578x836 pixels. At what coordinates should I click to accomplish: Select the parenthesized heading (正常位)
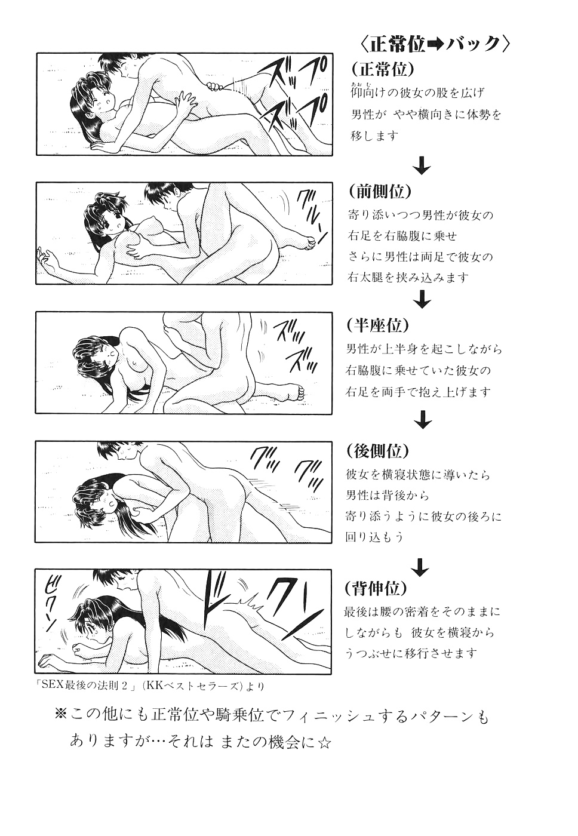coord(383,69)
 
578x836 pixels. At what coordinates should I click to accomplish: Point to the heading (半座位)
coord(378,325)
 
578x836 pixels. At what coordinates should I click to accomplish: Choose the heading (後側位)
coord(378,451)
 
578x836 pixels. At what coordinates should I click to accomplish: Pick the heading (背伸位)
coord(376,588)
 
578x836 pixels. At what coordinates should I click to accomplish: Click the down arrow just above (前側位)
coord(422,167)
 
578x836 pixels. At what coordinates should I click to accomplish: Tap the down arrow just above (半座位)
coord(422,300)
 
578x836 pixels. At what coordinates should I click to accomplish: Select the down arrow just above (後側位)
coord(422,419)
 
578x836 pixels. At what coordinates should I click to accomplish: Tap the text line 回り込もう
coord(374,537)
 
